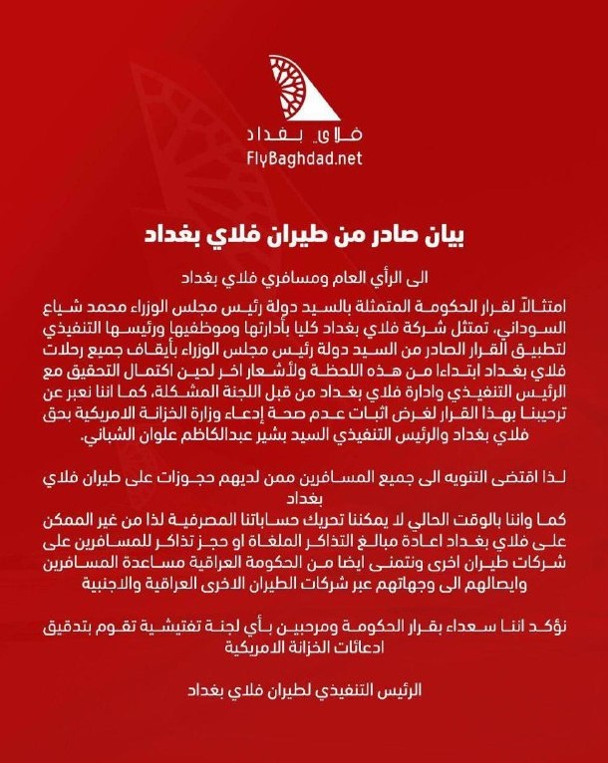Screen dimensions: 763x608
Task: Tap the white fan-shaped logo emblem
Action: (303, 90)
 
